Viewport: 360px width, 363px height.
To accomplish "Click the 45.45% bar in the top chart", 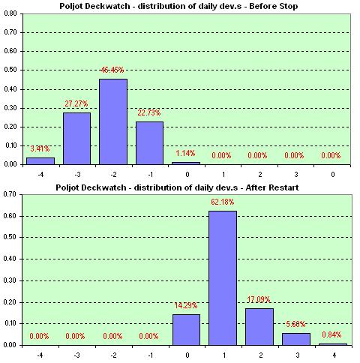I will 113,121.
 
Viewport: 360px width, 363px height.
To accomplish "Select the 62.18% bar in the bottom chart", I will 223,277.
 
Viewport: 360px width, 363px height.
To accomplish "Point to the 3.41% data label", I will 40,149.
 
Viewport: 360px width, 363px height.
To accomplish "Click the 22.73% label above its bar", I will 149,113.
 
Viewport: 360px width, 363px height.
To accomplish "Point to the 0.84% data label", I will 333,336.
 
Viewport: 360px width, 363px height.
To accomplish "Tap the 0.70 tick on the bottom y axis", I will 10,194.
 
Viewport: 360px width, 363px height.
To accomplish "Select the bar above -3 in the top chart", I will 76,138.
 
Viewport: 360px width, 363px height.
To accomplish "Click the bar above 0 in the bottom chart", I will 186,329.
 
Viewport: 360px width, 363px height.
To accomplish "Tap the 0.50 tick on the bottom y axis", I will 10,238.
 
